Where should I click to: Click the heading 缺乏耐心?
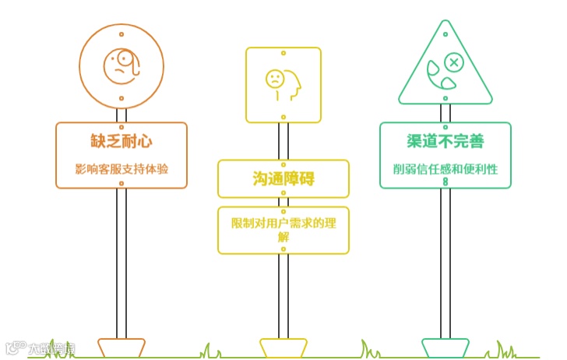click(x=121, y=141)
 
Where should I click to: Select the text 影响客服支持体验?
click(x=121, y=168)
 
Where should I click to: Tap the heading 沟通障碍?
click(x=283, y=178)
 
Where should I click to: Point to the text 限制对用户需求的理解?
click(x=283, y=230)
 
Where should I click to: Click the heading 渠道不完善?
click(x=445, y=141)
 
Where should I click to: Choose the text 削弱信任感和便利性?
click(x=445, y=168)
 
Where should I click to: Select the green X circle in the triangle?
click(x=453, y=62)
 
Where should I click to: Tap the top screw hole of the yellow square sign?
click(x=283, y=54)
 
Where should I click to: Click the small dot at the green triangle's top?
click(x=445, y=33)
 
